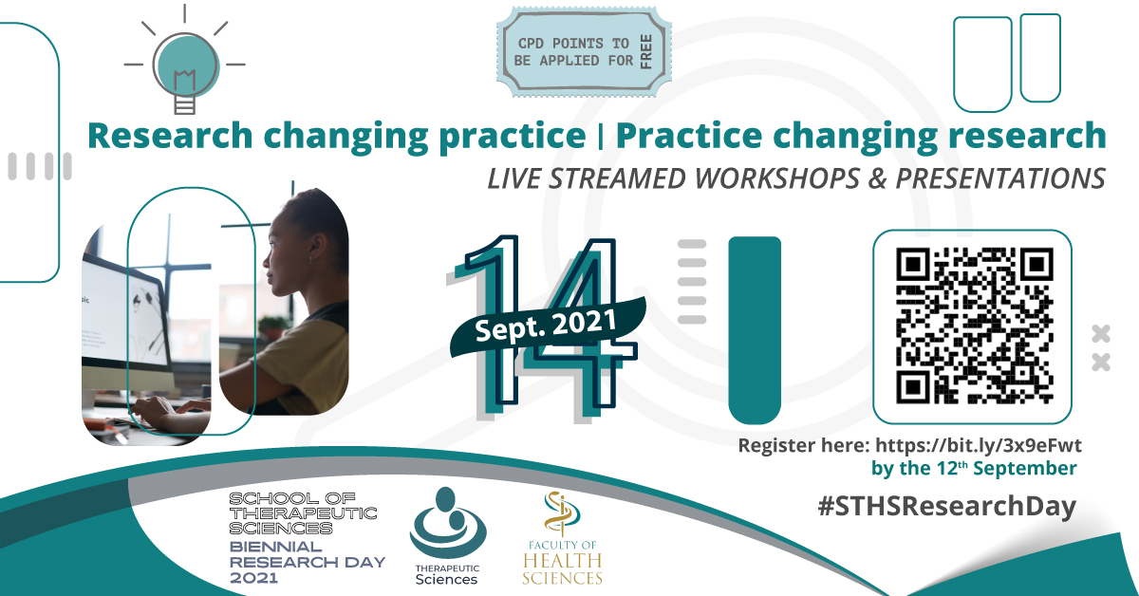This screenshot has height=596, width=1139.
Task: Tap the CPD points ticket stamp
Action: point(584,52)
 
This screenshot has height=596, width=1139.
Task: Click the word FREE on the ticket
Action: point(645,52)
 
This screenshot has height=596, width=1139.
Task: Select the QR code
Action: point(973,326)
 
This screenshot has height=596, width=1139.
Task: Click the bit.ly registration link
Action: point(979,445)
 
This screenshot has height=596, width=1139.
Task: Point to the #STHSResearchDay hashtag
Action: point(947,507)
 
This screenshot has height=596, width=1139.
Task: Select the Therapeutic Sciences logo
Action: point(447,536)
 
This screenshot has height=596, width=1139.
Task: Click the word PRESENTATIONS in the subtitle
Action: point(1000,179)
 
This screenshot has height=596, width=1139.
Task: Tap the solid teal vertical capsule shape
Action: point(755,330)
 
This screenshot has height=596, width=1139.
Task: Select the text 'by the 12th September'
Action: point(974,469)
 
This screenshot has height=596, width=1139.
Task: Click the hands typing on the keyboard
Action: point(168,411)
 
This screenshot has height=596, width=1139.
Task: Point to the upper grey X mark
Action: point(1101,334)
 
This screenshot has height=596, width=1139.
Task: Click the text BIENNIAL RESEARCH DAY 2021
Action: point(308,563)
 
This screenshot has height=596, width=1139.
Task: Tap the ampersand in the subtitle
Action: point(877,179)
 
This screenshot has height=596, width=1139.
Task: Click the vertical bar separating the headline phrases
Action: point(601,138)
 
